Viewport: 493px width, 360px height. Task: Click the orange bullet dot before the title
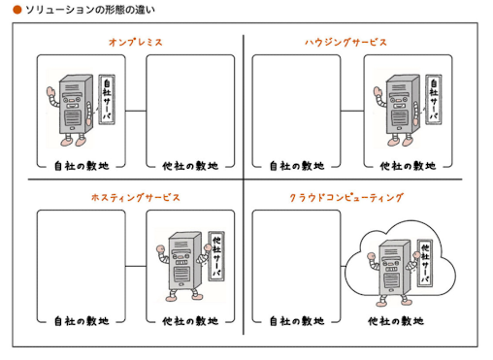(17, 10)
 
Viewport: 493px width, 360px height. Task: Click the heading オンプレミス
(136, 42)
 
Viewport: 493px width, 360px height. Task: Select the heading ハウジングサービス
(345, 42)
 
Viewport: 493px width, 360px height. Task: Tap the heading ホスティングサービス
(136, 197)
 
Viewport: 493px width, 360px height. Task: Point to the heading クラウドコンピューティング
(346, 197)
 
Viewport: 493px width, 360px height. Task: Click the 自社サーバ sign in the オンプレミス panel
(107, 99)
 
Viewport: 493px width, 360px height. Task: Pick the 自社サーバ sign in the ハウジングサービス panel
(434, 99)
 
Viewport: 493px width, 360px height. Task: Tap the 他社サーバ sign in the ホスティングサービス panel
(216, 256)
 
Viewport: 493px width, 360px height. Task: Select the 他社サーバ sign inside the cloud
(425, 263)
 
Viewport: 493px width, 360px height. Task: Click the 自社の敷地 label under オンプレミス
(82, 166)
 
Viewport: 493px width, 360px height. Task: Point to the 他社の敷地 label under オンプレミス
(190, 166)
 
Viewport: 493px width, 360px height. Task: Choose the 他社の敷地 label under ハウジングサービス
(408, 166)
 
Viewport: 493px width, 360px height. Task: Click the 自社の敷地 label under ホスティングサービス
(82, 321)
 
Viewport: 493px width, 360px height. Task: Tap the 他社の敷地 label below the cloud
(396, 321)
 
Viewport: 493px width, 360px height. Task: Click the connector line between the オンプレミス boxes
(136, 111)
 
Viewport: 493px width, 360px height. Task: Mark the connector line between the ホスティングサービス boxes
(136, 266)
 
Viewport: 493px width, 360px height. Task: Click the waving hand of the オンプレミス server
(50, 93)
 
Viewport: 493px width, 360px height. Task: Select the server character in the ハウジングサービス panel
(399, 110)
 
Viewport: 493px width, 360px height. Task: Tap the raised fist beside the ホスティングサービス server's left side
(160, 249)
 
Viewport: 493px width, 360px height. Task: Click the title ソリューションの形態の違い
(90, 10)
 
